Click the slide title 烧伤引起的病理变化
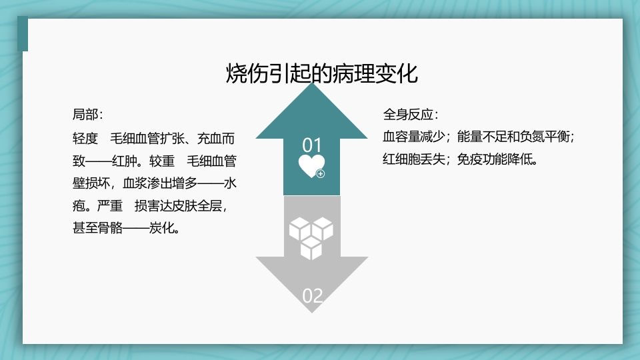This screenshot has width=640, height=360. point(322,73)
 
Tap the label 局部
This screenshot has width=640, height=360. point(85,113)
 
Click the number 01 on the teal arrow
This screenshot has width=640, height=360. point(312,145)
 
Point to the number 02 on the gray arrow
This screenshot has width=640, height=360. point(312,295)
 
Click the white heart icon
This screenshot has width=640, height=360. point(311,166)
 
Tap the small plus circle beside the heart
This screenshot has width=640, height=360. point(321,174)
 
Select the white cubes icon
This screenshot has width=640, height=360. point(311,237)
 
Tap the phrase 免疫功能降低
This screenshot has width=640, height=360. point(496,160)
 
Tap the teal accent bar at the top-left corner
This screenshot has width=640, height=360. point(25,34)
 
